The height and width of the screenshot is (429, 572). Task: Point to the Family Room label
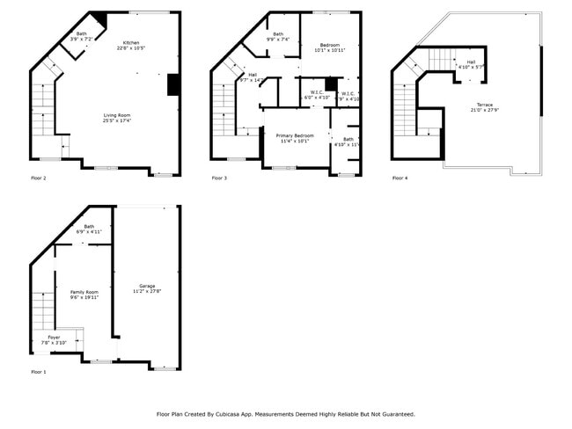coord(84,293)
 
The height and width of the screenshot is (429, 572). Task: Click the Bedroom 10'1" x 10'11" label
coord(330,47)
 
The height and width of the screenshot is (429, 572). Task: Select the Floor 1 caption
coord(39,373)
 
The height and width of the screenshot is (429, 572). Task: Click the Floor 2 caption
coord(39,178)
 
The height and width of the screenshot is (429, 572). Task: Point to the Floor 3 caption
coord(219,178)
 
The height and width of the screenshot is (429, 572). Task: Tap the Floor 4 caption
coord(400,178)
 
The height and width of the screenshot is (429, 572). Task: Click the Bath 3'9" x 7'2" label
coord(81,36)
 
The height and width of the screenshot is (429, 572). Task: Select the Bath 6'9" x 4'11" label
coord(89,229)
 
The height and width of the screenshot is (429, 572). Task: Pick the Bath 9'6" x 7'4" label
coord(278,36)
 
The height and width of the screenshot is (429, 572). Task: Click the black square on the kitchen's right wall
coord(173,84)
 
